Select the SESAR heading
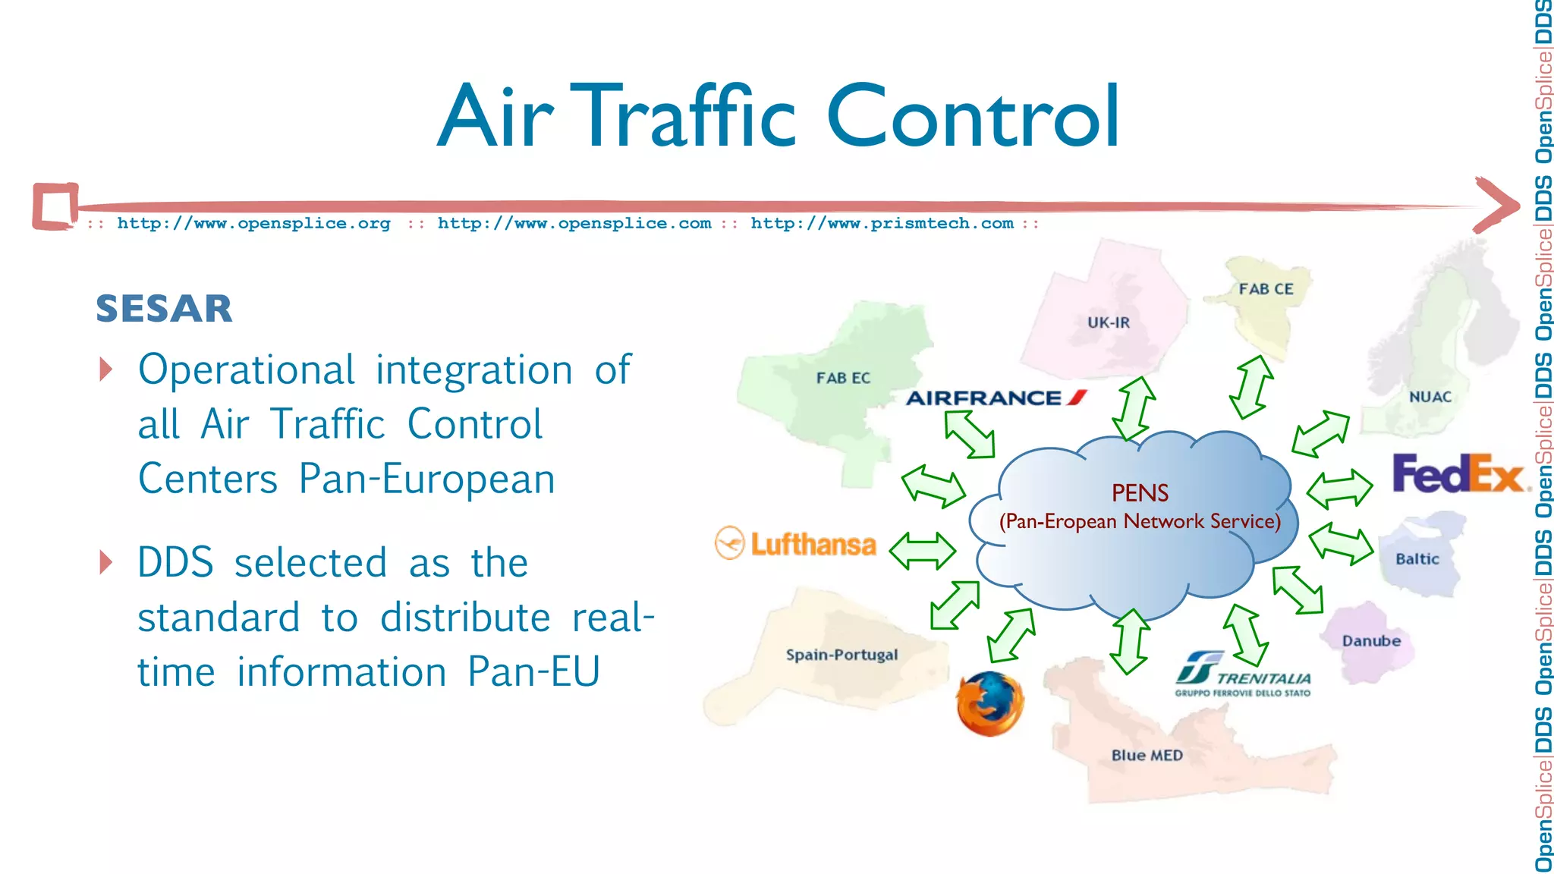click(164, 309)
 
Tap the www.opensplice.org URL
click(253, 223)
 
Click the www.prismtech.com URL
click(882, 223)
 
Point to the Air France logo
click(996, 398)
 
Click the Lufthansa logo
click(796, 544)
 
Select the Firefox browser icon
click(989, 703)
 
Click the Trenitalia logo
click(1242, 674)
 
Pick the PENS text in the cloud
click(1140, 493)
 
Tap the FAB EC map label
click(843, 378)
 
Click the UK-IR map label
click(1108, 322)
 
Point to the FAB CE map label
click(1266, 289)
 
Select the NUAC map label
click(1430, 397)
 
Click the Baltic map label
click(1417, 559)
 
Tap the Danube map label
click(1371, 641)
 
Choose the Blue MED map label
click(1147, 755)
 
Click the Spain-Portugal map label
click(841, 655)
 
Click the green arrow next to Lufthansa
click(922, 551)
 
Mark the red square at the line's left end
click(55, 206)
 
